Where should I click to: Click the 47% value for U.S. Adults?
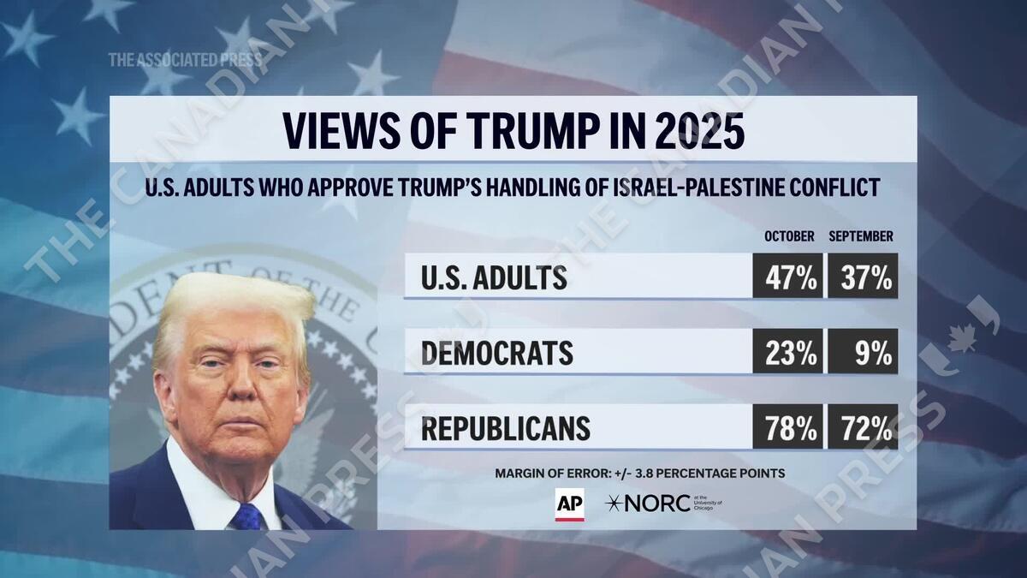pyautogui.click(x=787, y=277)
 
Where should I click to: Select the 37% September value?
pyautogui.click(x=863, y=277)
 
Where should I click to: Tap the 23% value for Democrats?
pyautogui.click(x=787, y=352)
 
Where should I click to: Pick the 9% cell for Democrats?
pyautogui.click(x=863, y=352)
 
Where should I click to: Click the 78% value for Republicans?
pyautogui.click(x=787, y=427)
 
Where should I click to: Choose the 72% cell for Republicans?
pyautogui.click(x=863, y=427)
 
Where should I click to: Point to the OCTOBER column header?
pyautogui.click(x=788, y=236)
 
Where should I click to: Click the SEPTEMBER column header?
pyautogui.click(x=861, y=236)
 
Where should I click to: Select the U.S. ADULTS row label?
pyautogui.click(x=494, y=277)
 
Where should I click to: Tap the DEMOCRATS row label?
pyautogui.click(x=496, y=353)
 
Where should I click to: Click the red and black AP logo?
pyautogui.click(x=569, y=504)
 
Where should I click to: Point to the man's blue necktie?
pyautogui.click(x=247, y=516)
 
